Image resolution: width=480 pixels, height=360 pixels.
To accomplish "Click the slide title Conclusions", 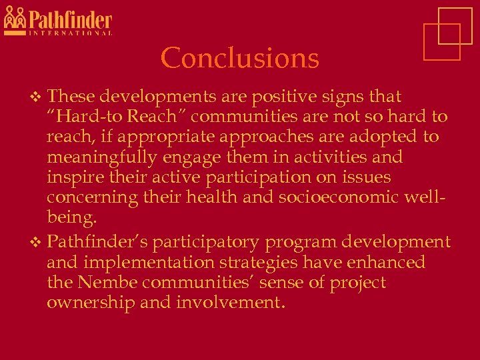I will pos(240,58).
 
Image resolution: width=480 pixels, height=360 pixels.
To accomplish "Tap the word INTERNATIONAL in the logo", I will pos(69,32).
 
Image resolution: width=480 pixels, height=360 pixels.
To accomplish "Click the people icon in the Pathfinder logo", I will pos(15,20).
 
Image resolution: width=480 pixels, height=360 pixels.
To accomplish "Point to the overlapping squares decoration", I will pos(446,33).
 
